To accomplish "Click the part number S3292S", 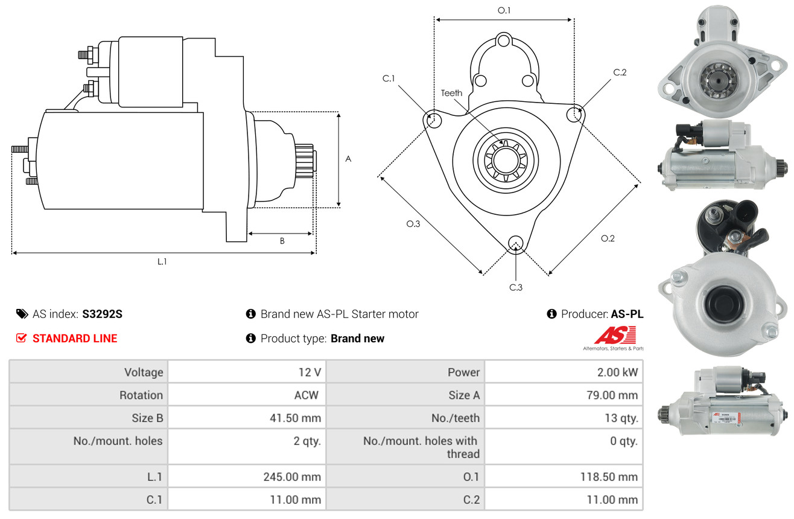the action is point(102,314).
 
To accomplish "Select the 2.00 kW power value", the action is point(617,372).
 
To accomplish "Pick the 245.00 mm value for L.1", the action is point(292,477).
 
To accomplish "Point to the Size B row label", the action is point(147,418).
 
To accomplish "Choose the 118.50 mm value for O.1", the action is point(609,477).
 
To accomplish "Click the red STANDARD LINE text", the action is point(75,339).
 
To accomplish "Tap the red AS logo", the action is point(615,335).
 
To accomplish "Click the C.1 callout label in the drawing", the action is point(389,78).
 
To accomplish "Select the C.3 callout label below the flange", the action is point(516,287).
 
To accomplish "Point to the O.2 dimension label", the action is point(608,238).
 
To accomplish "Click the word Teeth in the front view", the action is point(451,93).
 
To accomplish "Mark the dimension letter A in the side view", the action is point(348,159).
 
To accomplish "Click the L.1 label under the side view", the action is point(162,262).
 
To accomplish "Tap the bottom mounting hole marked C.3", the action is point(516,244).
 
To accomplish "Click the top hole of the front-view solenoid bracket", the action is point(503,41).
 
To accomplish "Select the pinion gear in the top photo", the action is point(719,80).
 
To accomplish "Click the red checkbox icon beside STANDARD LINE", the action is point(21,338).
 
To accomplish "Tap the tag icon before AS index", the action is point(22,314).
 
